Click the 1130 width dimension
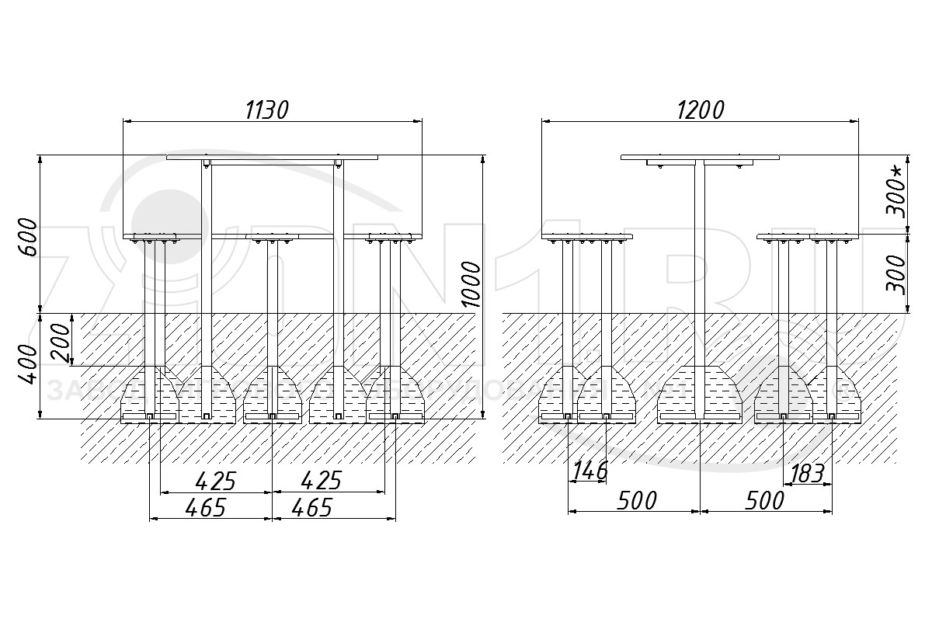point(266,110)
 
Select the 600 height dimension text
point(26,238)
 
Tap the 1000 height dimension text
point(471,284)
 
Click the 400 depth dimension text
point(26,364)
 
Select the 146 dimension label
point(589,471)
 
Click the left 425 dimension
point(214,482)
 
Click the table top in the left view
point(272,157)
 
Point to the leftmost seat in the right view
point(587,236)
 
